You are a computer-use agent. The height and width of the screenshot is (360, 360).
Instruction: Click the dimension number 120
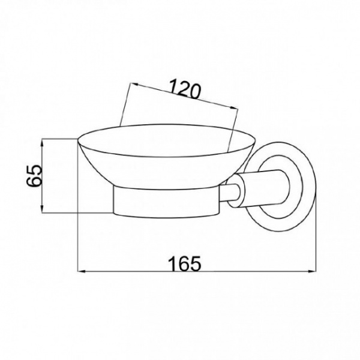pos(185,89)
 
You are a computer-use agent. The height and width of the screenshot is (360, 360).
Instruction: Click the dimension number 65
pos(34,176)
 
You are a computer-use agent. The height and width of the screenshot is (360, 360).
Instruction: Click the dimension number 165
pos(185,263)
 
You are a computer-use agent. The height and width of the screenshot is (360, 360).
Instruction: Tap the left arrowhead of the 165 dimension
pos(82,272)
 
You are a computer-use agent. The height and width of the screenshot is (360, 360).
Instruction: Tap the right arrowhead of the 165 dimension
pos(312,272)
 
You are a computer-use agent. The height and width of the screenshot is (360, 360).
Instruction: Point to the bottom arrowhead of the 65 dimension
pos(42,209)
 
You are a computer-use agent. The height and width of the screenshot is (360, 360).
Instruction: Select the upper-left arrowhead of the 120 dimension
pos(134,84)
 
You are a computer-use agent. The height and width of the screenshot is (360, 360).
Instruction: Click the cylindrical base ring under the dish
pos(166,202)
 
